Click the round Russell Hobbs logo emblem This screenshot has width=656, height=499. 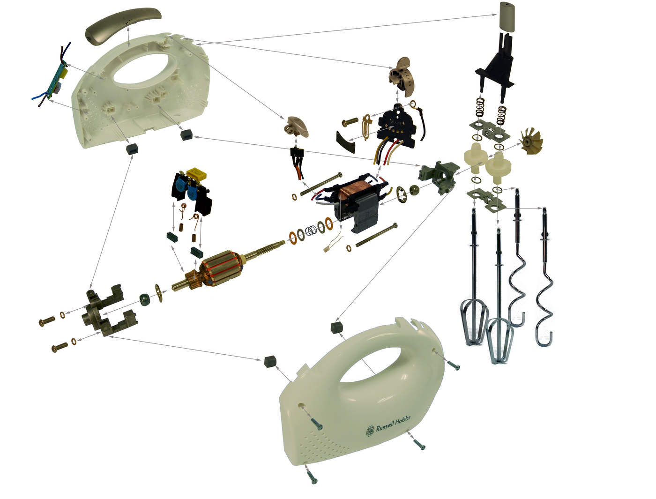(x=370, y=431)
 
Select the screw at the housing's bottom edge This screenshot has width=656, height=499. (x=311, y=475)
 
